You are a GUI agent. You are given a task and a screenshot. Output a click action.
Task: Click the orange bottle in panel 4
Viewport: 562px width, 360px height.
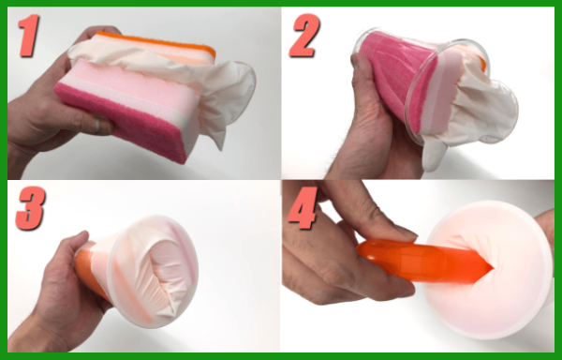click(412, 262)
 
